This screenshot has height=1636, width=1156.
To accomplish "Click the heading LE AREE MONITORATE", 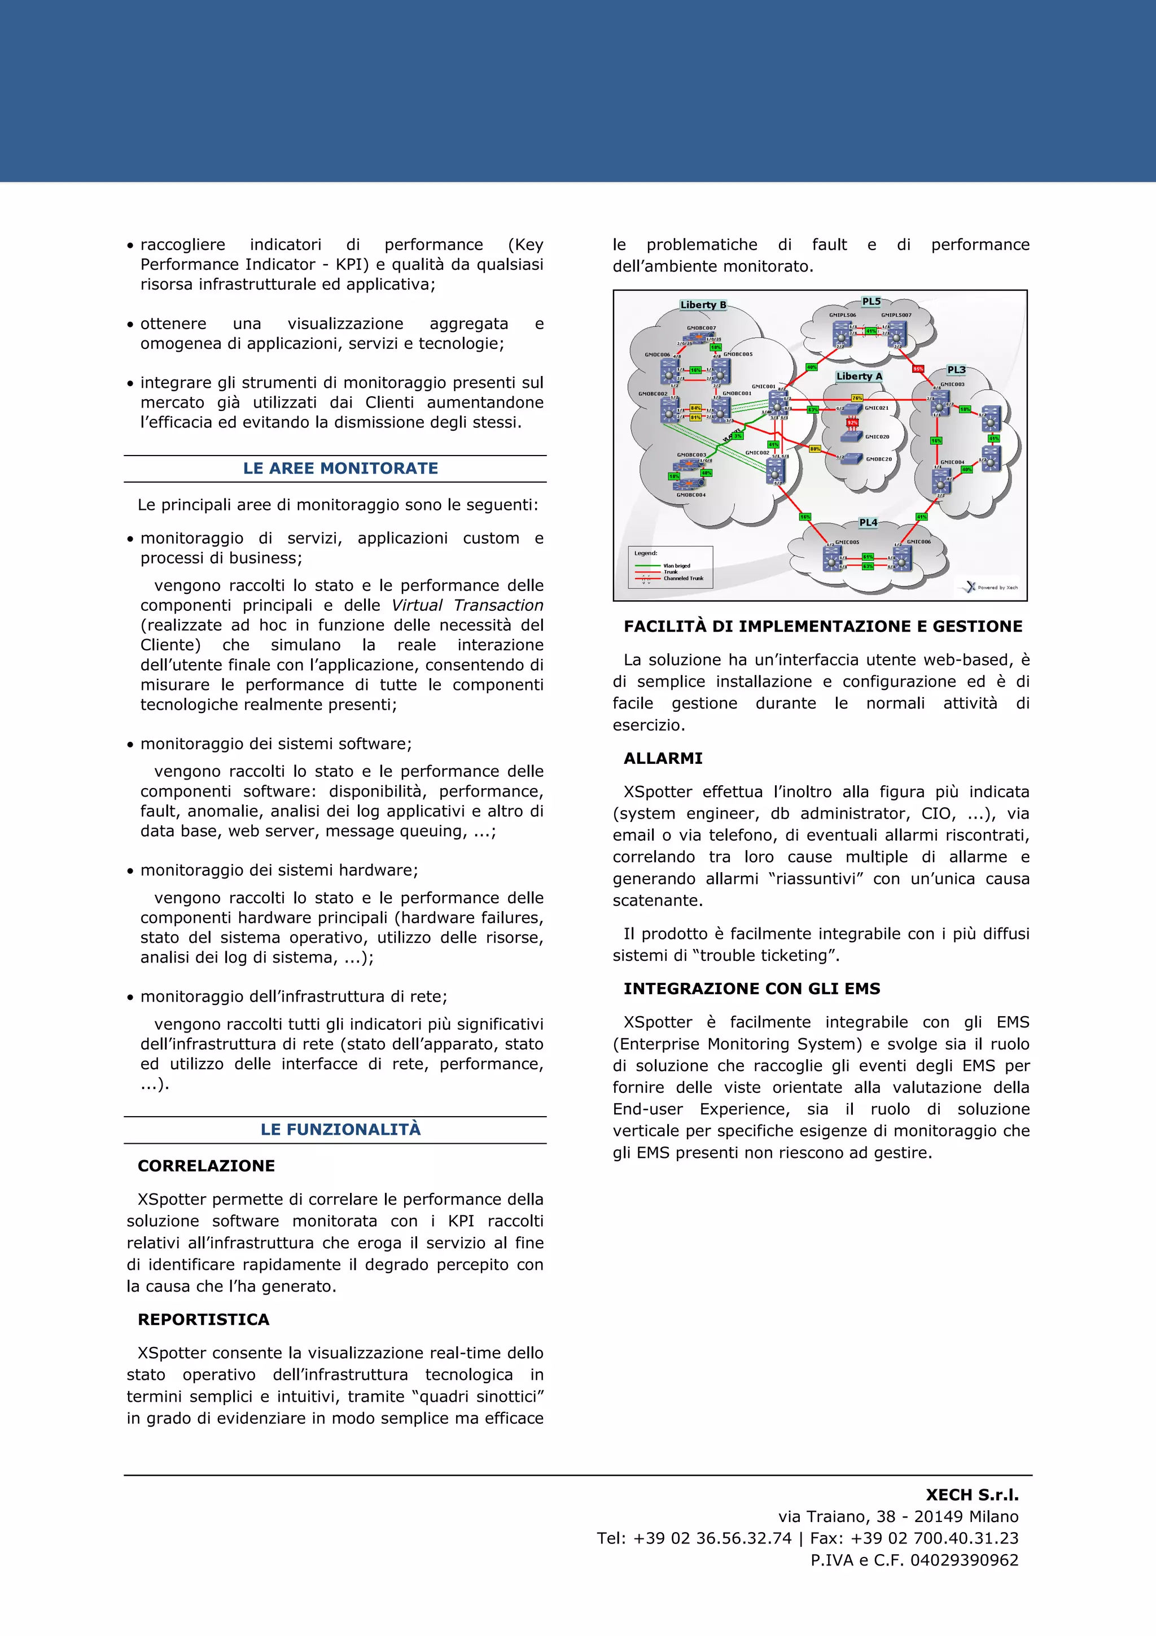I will click(x=340, y=468).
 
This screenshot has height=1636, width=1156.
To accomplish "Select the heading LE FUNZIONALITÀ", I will click(x=340, y=1130).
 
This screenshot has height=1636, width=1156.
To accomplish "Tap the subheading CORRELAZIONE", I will click(x=206, y=1166).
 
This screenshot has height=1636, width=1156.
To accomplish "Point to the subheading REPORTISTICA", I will click(x=204, y=1320).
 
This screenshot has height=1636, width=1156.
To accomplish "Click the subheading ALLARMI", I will click(x=663, y=758).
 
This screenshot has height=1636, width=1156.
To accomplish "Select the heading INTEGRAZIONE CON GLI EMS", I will click(x=751, y=988).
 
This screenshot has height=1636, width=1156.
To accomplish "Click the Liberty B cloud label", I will click(x=703, y=305).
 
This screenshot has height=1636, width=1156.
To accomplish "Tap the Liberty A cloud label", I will click(x=859, y=376).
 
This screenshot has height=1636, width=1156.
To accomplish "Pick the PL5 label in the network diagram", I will click(x=871, y=301).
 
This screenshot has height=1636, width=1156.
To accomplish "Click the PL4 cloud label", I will click(x=868, y=522).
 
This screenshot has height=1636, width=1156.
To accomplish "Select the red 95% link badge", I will click(x=918, y=369).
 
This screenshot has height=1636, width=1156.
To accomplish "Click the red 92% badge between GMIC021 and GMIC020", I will click(x=852, y=422).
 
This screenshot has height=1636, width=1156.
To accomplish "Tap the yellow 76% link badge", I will click(x=857, y=399).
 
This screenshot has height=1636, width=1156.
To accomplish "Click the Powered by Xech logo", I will click(x=990, y=587).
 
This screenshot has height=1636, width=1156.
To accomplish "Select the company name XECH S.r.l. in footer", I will click(x=971, y=1495).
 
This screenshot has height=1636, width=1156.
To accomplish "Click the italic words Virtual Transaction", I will click(x=467, y=605).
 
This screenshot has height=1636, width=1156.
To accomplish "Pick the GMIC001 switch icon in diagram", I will click(x=778, y=403).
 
